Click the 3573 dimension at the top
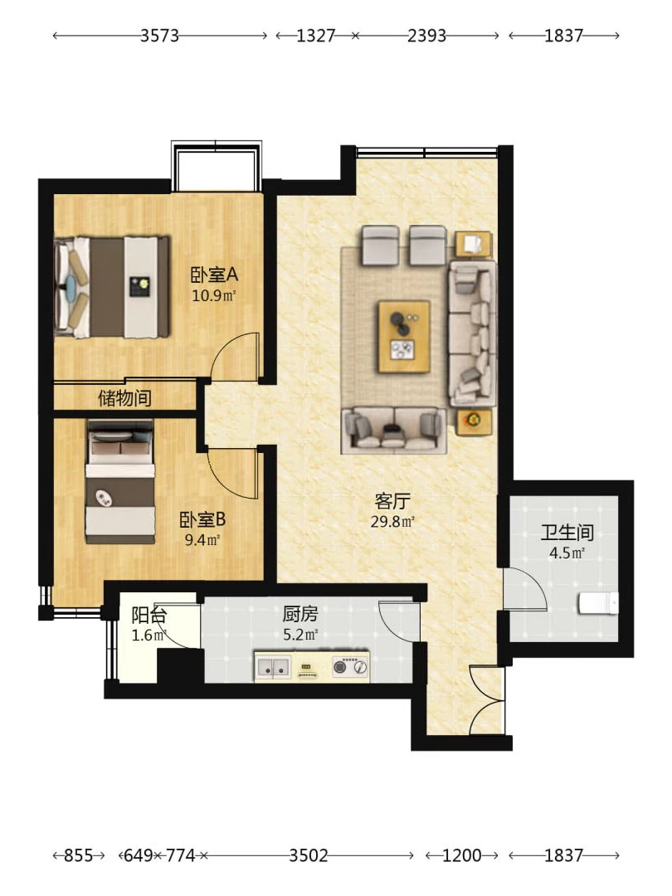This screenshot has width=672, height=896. point(160,36)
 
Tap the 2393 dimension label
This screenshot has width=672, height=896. point(427,36)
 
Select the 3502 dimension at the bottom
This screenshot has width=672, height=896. point(309,855)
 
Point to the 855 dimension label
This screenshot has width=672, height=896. point(78,855)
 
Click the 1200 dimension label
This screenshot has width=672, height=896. point(462,855)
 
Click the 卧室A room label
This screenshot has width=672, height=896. point(214,275)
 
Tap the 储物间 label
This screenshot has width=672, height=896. point(124,397)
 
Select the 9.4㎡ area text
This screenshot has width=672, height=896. point(202,540)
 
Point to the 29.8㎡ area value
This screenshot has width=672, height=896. point(392,521)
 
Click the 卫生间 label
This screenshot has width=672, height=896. point(567,533)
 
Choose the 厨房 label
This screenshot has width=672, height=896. point(300,614)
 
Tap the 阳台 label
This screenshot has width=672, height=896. point(149,616)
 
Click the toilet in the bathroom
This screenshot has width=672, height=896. point(598,603)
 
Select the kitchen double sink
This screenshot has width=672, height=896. point(273,666)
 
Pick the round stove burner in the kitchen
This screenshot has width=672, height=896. point(340,666)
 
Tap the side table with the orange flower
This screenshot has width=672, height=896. point(473,421)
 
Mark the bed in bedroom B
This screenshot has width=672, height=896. point(120,482)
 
